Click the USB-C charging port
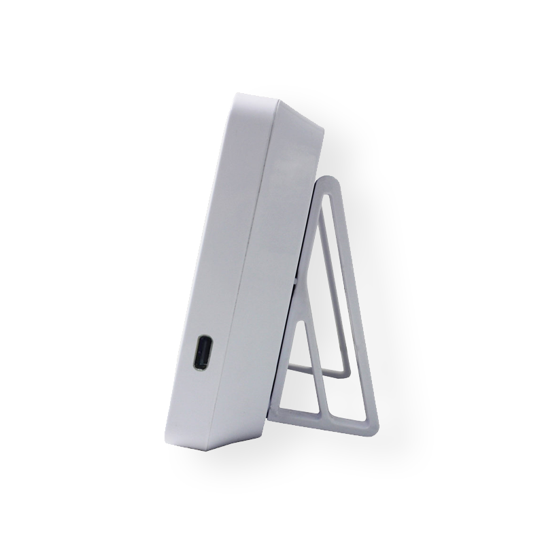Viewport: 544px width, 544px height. coord(202,354)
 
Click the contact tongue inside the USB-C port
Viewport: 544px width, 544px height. coord(203,354)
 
